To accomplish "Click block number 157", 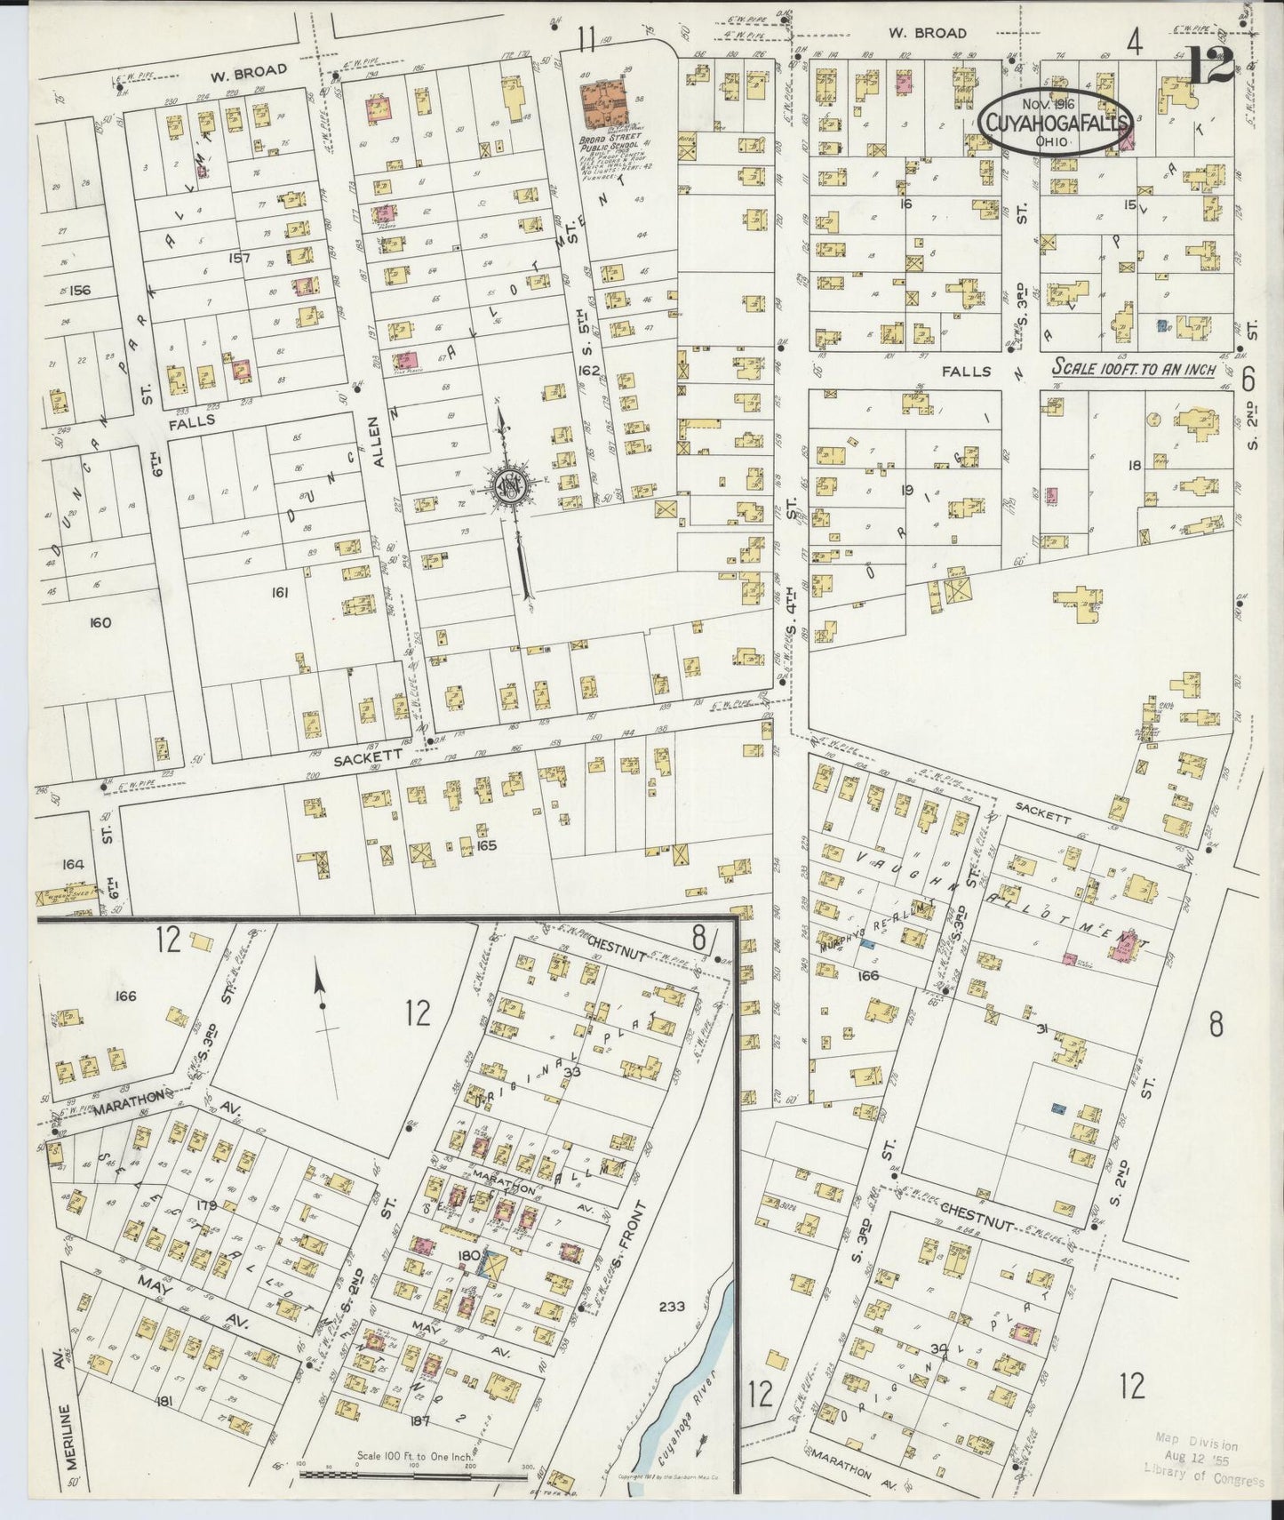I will pyautogui.click(x=241, y=259).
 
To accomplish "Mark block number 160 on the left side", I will pyautogui.click(x=100, y=622).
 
